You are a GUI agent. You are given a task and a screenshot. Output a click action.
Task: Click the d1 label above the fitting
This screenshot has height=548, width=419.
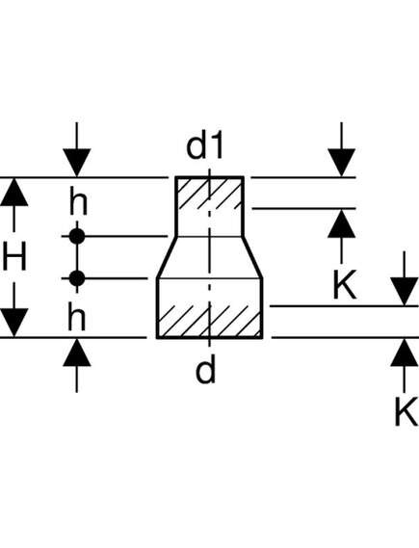pyautogui.click(x=205, y=146)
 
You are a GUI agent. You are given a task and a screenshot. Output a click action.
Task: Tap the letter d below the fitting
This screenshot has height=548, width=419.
pyautogui.click(x=206, y=370)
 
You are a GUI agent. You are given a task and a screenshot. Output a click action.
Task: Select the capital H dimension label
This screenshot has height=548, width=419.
pyautogui.click(x=14, y=257)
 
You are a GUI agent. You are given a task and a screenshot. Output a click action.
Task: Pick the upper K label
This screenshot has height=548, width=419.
pyautogui.click(x=345, y=284)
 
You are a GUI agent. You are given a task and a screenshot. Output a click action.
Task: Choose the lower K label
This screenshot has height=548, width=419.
pyautogui.click(x=406, y=411)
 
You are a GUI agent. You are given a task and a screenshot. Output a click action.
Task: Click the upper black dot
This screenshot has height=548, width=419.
pyautogui.click(x=77, y=237)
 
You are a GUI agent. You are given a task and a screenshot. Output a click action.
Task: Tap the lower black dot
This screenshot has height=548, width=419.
pyautogui.click(x=77, y=278)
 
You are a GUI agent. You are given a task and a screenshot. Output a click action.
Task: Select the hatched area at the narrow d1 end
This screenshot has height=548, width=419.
pyautogui.click(x=209, y=194)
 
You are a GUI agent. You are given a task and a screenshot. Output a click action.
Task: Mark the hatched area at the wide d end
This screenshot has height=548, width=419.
pyautogui.click(x=209, y=322)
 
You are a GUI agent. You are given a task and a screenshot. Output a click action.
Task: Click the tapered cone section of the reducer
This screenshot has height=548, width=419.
pyautogui.click(x=209, y=257)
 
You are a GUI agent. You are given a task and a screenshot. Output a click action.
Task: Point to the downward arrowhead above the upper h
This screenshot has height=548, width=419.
pyautogui.click(x=77, y=163)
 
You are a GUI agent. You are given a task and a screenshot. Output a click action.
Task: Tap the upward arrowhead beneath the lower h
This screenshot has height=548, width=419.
pyautogui.click(x=77, y=353)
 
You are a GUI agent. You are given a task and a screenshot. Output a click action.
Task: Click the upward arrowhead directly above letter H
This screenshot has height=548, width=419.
pyautogui.click(x=14, y=193)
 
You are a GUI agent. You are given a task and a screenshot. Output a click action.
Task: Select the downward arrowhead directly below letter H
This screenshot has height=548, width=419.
pyautogui.click(x=14, y=323)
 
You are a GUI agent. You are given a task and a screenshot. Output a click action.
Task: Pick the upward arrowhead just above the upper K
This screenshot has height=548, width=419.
pyautogui.click(x=342, y=223)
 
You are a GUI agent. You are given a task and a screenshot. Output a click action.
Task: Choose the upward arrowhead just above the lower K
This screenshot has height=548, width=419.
pyautogui.click(x=405, y=353)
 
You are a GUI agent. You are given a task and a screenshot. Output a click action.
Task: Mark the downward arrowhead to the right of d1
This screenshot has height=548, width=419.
pyautogui.click(x=342, y=163)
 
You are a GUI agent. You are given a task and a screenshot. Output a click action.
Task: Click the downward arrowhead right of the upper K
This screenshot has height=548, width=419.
pyautogui.click(x=405, y=292)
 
